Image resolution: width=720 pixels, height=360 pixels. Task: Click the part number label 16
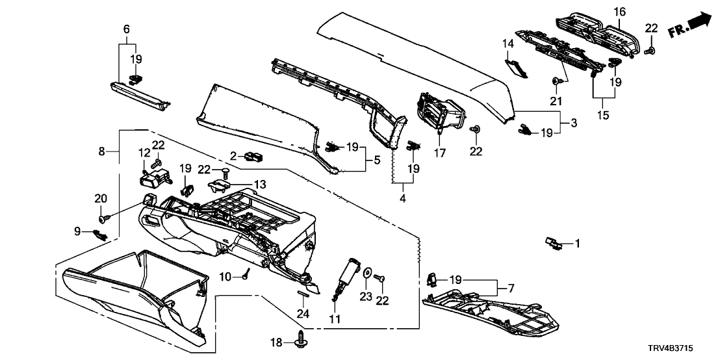[619, 11]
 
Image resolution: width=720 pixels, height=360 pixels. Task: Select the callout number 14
[508, 44]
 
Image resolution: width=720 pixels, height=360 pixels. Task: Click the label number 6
[127, 29]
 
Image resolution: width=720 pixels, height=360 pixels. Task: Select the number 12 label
[144, 153]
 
